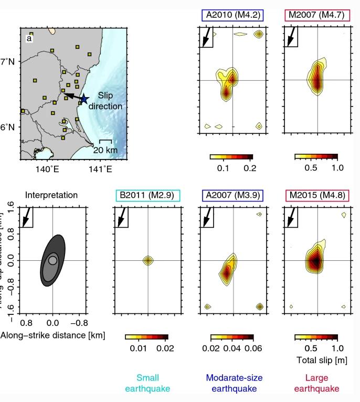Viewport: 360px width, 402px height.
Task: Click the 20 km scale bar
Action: pyautogui.click(x=105, y=141)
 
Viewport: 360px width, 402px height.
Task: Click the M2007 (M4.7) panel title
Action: pyautogui.click(x=316, y=14)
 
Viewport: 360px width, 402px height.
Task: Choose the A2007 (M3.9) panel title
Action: pyautogui.click(x=231, y=195)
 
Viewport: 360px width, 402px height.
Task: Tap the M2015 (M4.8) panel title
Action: pyautogui.click(x=316, y=195)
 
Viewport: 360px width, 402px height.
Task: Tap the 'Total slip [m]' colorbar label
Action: pyautogui.click(x=321, y=360)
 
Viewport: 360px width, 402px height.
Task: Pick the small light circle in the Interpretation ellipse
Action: pyautogui.click(x=52, y=260)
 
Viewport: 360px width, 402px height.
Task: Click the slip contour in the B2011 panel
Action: pyautogui.click(x=149, y=260)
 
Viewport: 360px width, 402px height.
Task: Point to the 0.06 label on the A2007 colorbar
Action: pyautogui.click(x=252, y=348)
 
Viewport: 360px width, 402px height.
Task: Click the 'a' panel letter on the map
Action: pyautogui.click(x=29, y=38)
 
